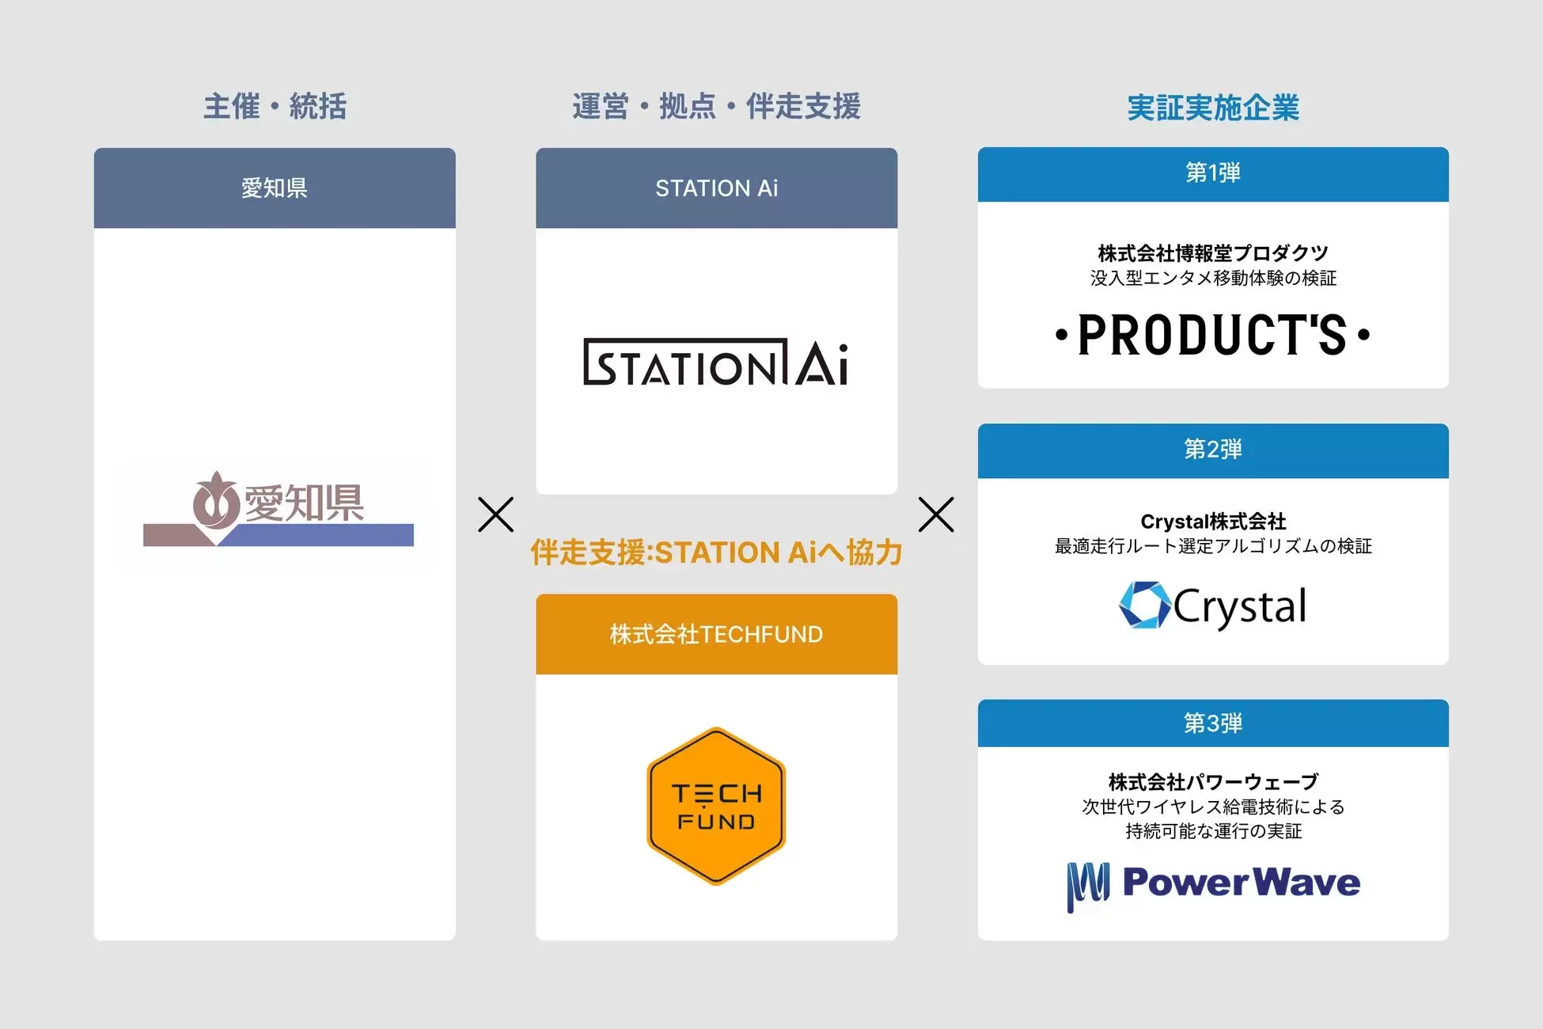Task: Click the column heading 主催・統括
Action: click(275, 106)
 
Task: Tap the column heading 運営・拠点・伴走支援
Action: click(716, 106)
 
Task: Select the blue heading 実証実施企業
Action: click(1213, 108)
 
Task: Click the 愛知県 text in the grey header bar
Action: click(275, 188)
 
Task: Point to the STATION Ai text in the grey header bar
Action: click(716, 188)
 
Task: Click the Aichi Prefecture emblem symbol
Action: click(215, 502)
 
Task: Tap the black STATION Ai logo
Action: click(716, 363)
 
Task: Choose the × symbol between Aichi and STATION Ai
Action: click(496, 514)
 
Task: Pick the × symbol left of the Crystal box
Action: click(936, 514)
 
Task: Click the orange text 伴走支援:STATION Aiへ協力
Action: click(716, 552)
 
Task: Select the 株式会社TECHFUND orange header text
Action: click(716, 634)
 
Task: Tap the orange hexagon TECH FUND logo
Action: click(716, 806)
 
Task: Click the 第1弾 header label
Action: click(1213, 173)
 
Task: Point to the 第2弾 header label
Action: click(1213, 449)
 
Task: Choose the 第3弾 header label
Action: click(1213, 723)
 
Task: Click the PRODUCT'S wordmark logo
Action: click(1213, 335)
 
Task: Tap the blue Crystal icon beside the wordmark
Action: click(1144, 606)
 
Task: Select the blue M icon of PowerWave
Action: click(1088, 885)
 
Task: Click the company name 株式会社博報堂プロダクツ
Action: click(1213, 253)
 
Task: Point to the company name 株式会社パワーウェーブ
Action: click(1213, 782)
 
